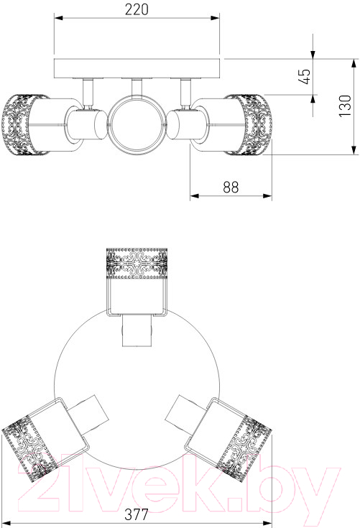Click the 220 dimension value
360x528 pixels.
pos(137,9)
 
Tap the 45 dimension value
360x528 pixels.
pos(304,77)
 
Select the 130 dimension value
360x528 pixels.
pos(344,106)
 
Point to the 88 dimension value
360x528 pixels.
pos(231,187)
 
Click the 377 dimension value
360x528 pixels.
pos(137,514)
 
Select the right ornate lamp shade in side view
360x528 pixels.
pos(248,125)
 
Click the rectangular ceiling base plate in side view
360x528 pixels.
pos(137,69)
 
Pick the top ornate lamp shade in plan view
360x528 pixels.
pos(137,264)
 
